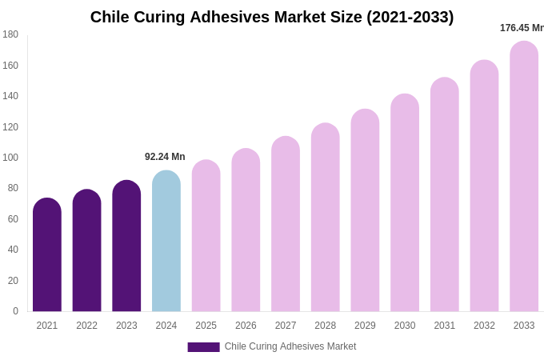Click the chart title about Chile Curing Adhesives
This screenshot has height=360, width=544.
(x=272, y=17)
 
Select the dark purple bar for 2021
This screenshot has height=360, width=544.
(x=47, y=256)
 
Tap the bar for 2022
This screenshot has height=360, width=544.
(x=86, y=251)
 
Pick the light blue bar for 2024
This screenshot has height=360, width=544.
(x=166, y=242)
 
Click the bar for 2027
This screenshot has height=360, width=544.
(x=286, y=225)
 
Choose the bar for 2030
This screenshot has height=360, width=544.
(x=405, y=203)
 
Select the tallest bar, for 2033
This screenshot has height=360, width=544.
(x=524, y=177)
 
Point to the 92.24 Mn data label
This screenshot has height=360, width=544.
(x=165, y=157)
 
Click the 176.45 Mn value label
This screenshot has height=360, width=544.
(x=522, y=28)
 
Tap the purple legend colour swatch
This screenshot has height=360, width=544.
(x=203, y=347)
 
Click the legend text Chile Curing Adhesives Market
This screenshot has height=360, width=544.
(x=290, y=346)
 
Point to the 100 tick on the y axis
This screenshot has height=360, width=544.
(x=10, y=158)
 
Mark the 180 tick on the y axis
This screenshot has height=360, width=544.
(x=10, y=34)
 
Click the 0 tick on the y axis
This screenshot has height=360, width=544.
(x=15, y=311)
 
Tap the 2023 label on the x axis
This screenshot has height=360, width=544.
(x=126, y=326)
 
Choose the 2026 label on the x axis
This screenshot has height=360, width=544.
(x=246, y=326)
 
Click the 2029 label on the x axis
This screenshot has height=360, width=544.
(x=365, y=326)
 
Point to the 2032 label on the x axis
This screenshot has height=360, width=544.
(x=484, y=326)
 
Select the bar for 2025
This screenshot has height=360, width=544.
(x=206, y=236)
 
